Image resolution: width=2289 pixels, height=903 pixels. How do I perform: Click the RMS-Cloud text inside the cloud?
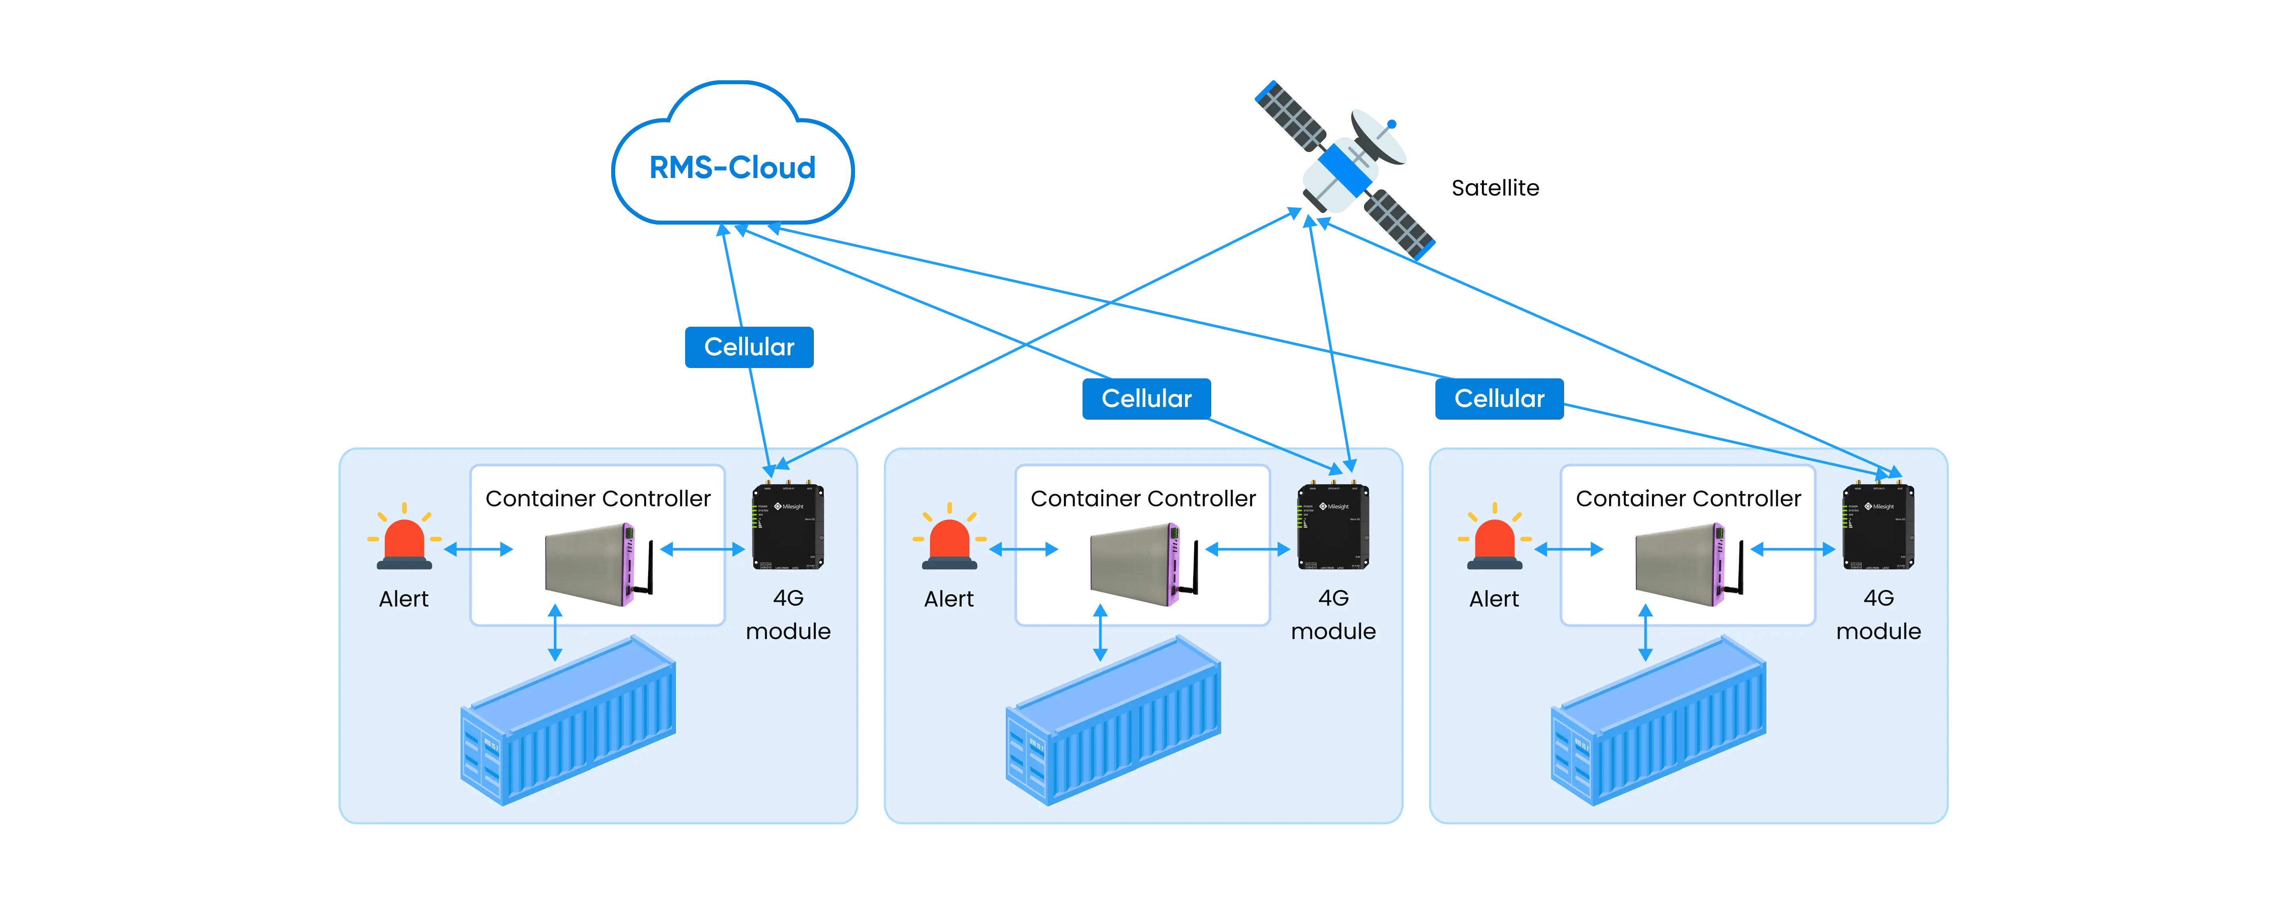[731, 167]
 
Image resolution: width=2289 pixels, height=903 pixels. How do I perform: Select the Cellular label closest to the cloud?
[748, 347]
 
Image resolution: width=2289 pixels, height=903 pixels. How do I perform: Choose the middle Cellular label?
[1145, 398]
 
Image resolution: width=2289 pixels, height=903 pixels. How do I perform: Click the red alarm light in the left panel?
[404, 541]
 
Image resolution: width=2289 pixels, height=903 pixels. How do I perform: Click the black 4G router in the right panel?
[1878, 526]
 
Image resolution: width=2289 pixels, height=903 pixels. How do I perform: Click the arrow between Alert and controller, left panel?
[478, 549]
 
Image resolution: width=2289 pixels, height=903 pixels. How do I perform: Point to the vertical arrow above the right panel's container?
[1645, 633]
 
